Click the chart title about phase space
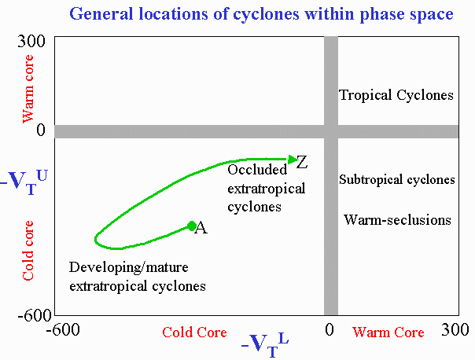tap(261, 14)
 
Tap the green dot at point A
tap(191, 226)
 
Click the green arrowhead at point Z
tap(293, 160)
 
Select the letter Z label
tap(302, 162)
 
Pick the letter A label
tap(201, 228)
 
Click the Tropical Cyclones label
tap(396, 95)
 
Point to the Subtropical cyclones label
tap(397, 179)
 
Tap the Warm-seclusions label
tap(397, 220)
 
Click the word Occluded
tap(257, 170)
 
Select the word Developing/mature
tap(129, 268)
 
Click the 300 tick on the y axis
tap(31, 41)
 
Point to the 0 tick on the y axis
tap(41, 130)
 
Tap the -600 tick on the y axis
tap(35, 316)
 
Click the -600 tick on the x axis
tap(63, 329)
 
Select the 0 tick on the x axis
tap(330, 329)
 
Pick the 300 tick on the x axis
tap(455, 329)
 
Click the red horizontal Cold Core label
tap(194, 332)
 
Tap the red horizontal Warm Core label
tap(388, 332)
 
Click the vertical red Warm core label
tap(28, 89)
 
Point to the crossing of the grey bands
tap(331, 132)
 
